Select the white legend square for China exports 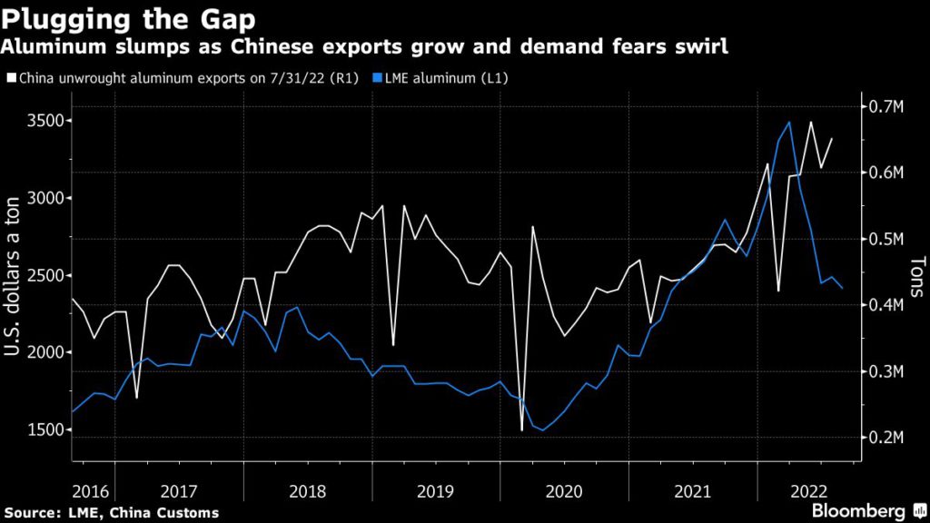point(9,78)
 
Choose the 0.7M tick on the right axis point(885,107)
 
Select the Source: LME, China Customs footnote point(112,513)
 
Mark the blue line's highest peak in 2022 point(789,122)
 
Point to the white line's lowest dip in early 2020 point(522,430)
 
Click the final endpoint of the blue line point(843,288)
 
